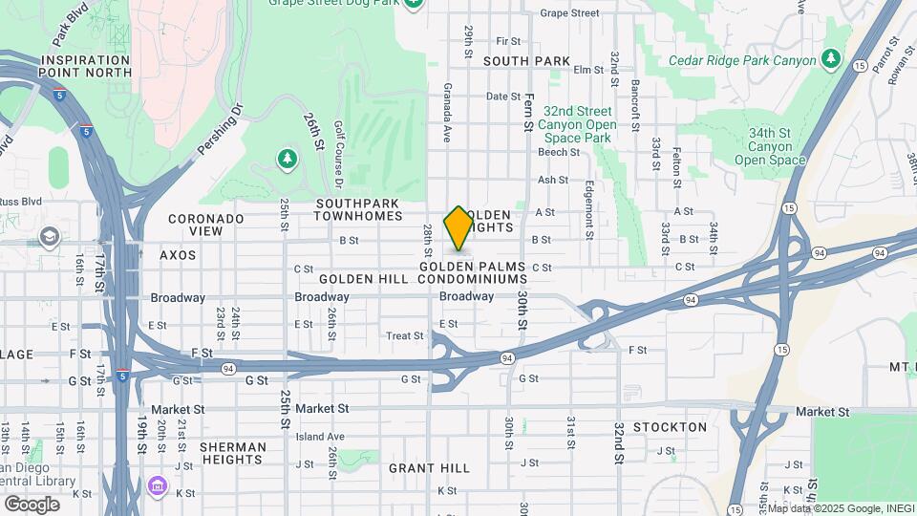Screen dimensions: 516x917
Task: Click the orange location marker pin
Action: pyautogui.click(x=459, y=227)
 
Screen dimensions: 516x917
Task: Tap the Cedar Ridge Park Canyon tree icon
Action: pyautogui.click(x=832, y=59)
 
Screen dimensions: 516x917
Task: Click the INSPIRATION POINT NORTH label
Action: pyautogui.click(x=86, y=66)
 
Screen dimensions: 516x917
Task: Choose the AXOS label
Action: pyautogui.click(x=178, y=255)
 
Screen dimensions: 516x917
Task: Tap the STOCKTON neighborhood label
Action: pyautogui.click(x=670, y=427)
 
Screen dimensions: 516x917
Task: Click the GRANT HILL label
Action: pyautogui.click(x=429, y=468)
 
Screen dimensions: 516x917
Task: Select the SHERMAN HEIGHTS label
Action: pyautogui.click(x=233, y=454)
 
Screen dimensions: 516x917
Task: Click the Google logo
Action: pyautogui.click(x=32, y=504)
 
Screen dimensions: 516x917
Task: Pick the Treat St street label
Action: pyautogui.click(x=404, y=335)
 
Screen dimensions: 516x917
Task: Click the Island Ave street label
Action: pyautogui.click(x=319, y=437)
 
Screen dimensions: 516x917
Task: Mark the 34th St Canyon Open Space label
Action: pyautogui.click(x=770, y=146)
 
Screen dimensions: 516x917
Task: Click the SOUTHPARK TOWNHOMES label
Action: pyautogui.click(x=359, y=209)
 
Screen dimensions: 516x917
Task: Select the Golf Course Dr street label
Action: pyautogui.click(x=338, y=155)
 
